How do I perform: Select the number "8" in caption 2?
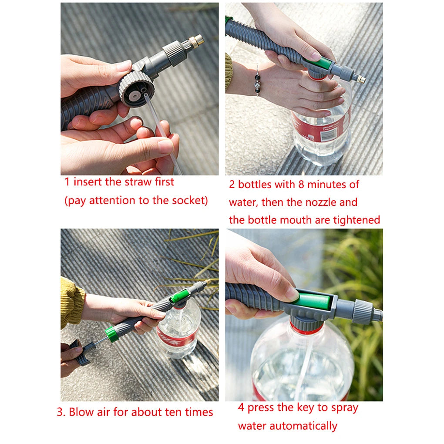pos(301,185)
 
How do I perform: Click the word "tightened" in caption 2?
pos(357,220)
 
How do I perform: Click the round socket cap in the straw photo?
pos(136,89)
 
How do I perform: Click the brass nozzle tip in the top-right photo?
pos(360,79)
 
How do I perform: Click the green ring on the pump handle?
pos(112,334)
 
